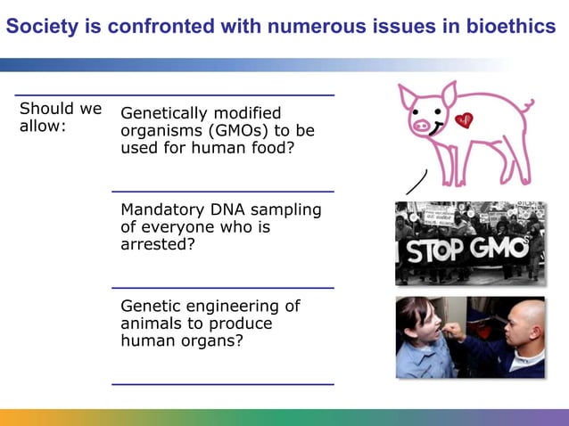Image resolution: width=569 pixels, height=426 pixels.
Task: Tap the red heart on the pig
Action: point(463,120)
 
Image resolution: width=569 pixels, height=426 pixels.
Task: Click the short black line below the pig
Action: point(416,182)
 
